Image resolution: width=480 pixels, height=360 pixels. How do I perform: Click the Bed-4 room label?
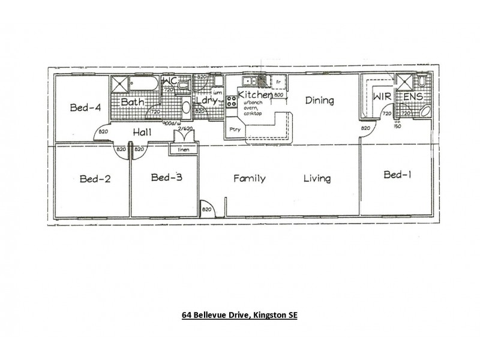[x=85, y=108]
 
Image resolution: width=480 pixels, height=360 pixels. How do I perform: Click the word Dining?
[x=319, y=100]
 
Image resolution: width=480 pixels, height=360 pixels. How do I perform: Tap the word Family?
[x=249, y=178]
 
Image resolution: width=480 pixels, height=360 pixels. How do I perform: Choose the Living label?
[x=316, y=178]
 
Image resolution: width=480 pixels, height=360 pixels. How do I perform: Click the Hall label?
[x=142, y=132]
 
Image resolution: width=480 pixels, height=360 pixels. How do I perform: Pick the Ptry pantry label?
[x=234, y=128]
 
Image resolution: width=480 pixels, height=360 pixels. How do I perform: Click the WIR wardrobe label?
[x=381, y=97]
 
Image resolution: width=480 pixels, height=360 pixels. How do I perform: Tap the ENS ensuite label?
[x=414, y=97]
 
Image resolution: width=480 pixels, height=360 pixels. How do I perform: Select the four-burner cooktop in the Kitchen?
[x=231, y=103]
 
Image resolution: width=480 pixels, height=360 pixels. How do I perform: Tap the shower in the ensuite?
[x=404, y=82]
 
